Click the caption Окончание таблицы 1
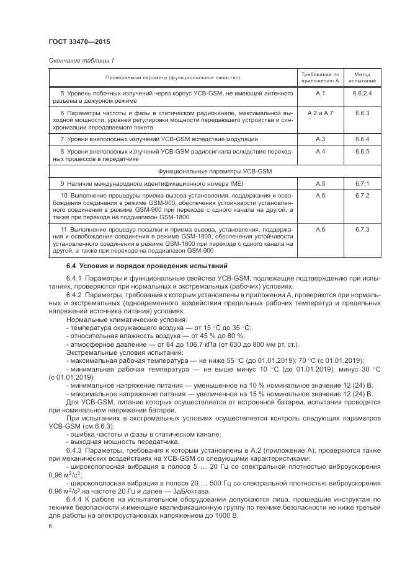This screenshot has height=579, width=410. click(x=81, y=60)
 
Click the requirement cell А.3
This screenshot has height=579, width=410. click(x=320, y=139)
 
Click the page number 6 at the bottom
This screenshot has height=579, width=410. click(x=50, y=526)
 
